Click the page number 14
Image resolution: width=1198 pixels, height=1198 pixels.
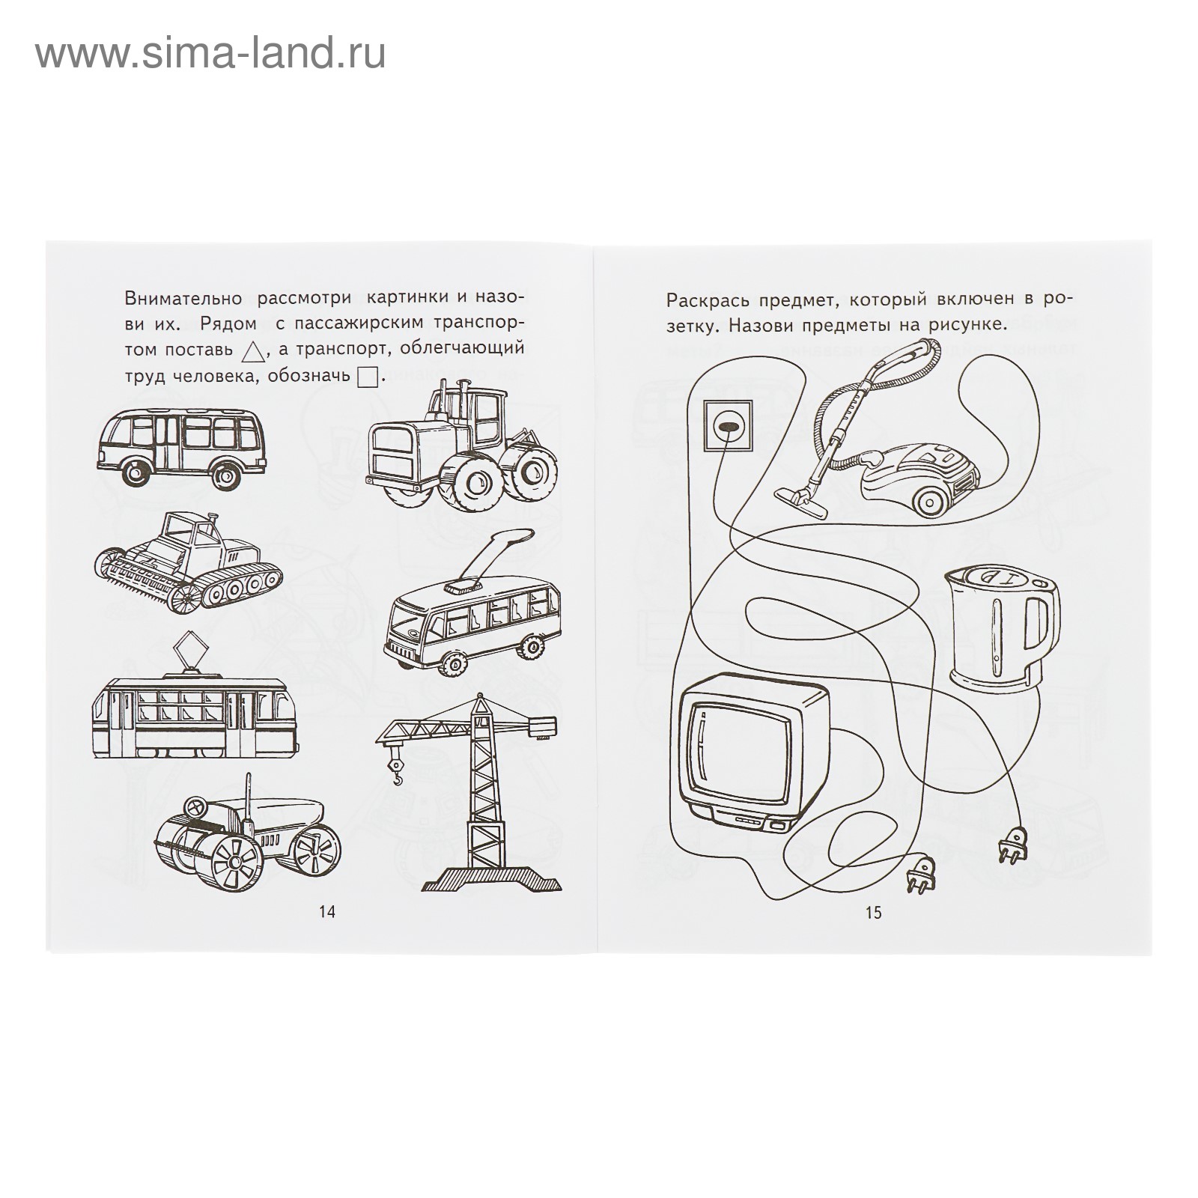pos(327,912)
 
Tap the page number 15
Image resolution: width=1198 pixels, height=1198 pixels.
pos(874,913)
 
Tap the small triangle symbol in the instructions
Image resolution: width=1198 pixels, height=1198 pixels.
pos(255,349)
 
